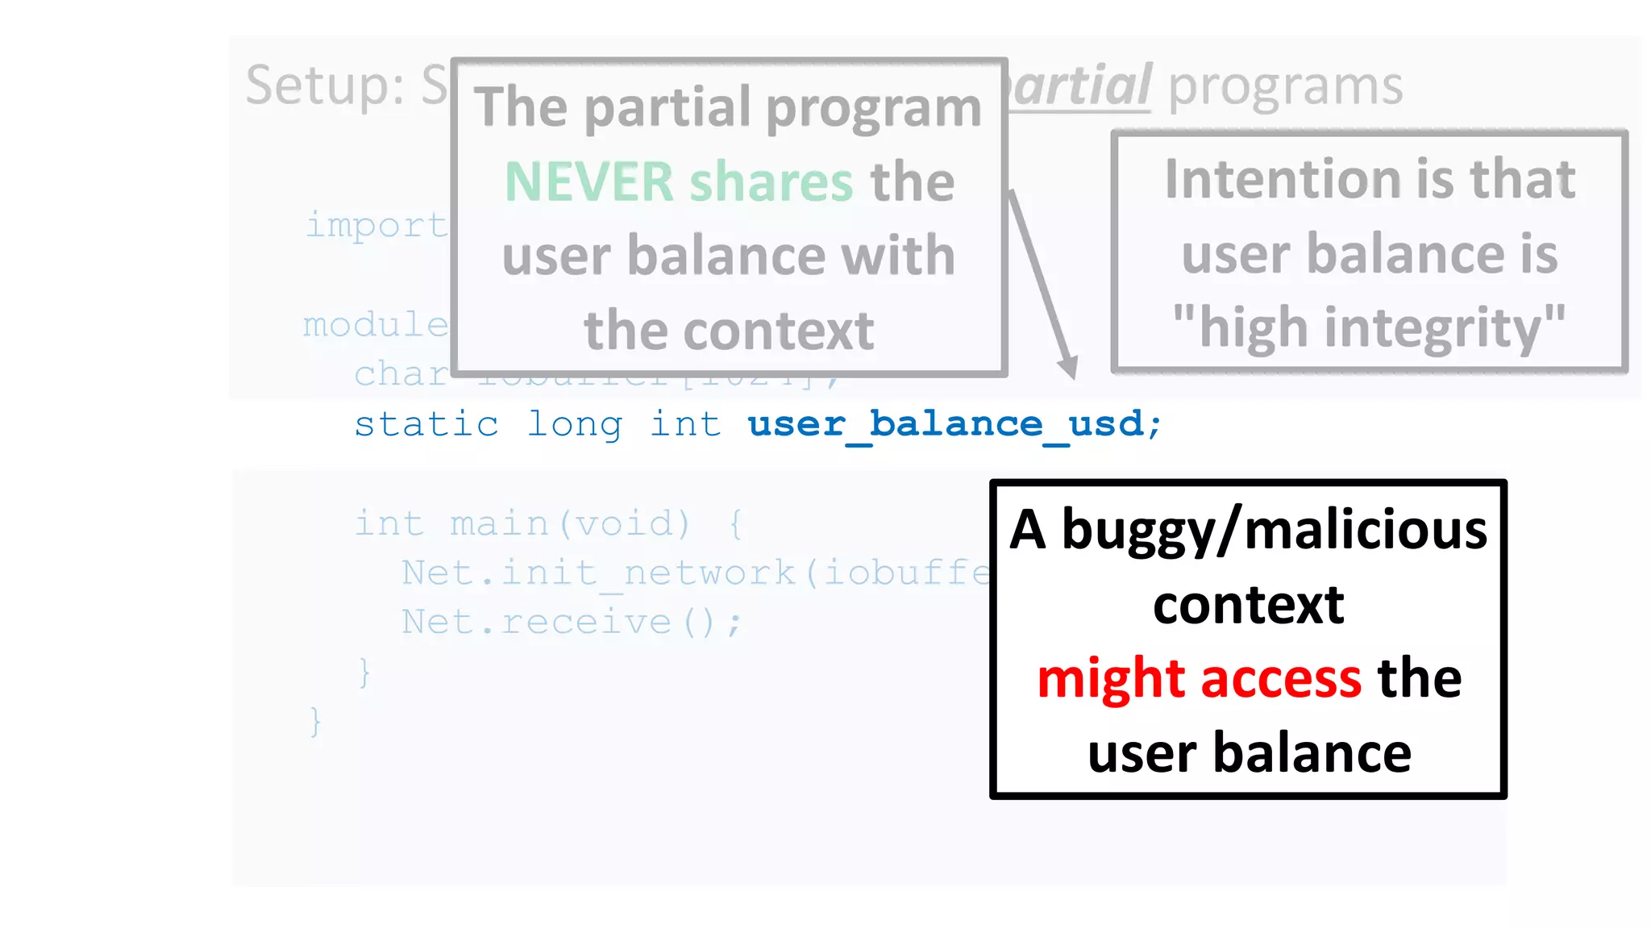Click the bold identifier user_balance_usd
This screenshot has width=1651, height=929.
pyautogui.click(x=946, y=424)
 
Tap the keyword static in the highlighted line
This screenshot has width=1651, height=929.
pyautogui.click(x=426, y=424)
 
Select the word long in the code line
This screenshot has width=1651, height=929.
pyautogui.click(x=574, y=424)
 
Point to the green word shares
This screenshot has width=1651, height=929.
pyautogui.click(x=771, y=181)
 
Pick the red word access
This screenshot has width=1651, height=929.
pyautogui.click(x=1281, y=679)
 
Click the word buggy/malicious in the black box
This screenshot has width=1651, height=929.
pyautogui.click(x=1274, y=531)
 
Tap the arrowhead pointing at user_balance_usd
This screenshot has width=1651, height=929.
pyautogui.click(x=1069, y=367)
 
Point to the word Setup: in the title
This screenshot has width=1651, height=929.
pyautogui.click(x=324, y=85)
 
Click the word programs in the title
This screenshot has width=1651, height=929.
pyautogui.click(x=1285, y=85)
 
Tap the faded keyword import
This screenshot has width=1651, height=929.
pyautogui.click(x=376, y=226)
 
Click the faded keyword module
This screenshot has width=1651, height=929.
pyautogui.click(x=376, y=325)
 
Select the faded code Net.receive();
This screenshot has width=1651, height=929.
pyautogui.click(x=571, y=622)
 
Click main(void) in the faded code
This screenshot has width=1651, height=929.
pyautogui.click(x=570, y=523)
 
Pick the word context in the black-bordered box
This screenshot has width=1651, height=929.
pyautogui.click(x=1248, y=605)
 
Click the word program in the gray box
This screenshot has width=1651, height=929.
pyautogui.click(x=873, y=108)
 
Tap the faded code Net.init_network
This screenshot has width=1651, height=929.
pyautogui.click(x=598, y=573)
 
